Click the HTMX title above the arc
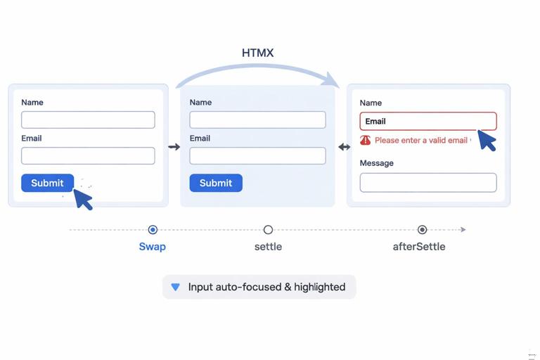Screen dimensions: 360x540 [x=257, y=53]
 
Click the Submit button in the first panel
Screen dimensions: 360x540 [x=47, y=183]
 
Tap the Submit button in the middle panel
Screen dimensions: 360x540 [x=216, y=183]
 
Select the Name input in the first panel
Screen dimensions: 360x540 [x=88, y=120]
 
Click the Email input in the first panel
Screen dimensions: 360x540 [x=88, y=155]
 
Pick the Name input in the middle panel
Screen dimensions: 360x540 [x=257, y=120]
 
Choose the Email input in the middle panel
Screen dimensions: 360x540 [x=257, y=155]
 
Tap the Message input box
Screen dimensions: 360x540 [x=428, y=182]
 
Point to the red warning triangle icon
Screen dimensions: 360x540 [x=366, y=140]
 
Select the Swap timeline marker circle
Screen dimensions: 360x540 [x=153, y=229]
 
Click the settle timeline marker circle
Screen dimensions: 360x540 [x=268, y=229]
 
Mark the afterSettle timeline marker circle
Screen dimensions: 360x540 [x=422, y=229]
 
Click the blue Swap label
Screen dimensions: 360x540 [x=153, y=247]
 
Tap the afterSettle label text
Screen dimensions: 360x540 [x=419, y=247]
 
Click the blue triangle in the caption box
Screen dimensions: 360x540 [x=176, y=287]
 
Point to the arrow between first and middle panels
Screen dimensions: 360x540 [x=174, y=147]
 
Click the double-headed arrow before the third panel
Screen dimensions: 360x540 [x=344, y=147]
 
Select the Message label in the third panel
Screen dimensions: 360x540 [x=377, y=163]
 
